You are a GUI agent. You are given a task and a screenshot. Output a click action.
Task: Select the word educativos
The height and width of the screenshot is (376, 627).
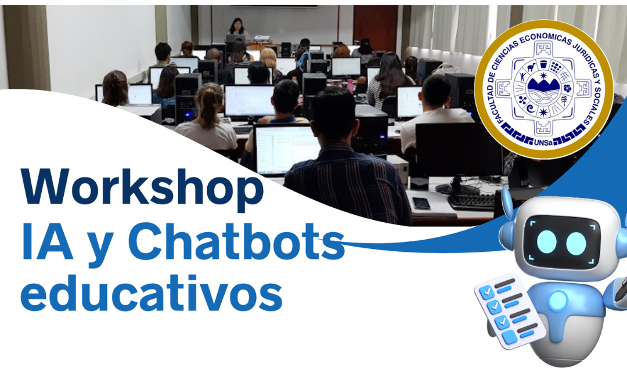pyautogui.click(x=152, y=292)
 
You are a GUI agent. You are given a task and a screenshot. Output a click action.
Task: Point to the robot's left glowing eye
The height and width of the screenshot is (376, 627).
pyautogui.click(x=546, y=242)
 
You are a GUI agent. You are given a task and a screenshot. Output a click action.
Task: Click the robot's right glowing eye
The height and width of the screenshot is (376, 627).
pyautogui.click(x=576, y=243)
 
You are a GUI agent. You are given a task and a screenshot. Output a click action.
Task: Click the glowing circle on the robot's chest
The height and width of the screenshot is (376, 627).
pyautogui.click(x=558, y=301)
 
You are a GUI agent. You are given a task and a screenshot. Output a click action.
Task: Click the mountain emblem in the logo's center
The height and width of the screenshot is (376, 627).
pyautogui.click(x=543, y=91)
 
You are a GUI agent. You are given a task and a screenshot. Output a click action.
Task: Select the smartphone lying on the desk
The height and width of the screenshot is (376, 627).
pyautogui.click(x=421, y=203)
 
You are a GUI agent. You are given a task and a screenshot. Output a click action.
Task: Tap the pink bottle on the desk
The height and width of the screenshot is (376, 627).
pyautogui.click(x=350, y=86)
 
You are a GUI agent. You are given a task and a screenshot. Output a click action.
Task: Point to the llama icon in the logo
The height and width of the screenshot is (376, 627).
pyautogui.click(x=531, y=67)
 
